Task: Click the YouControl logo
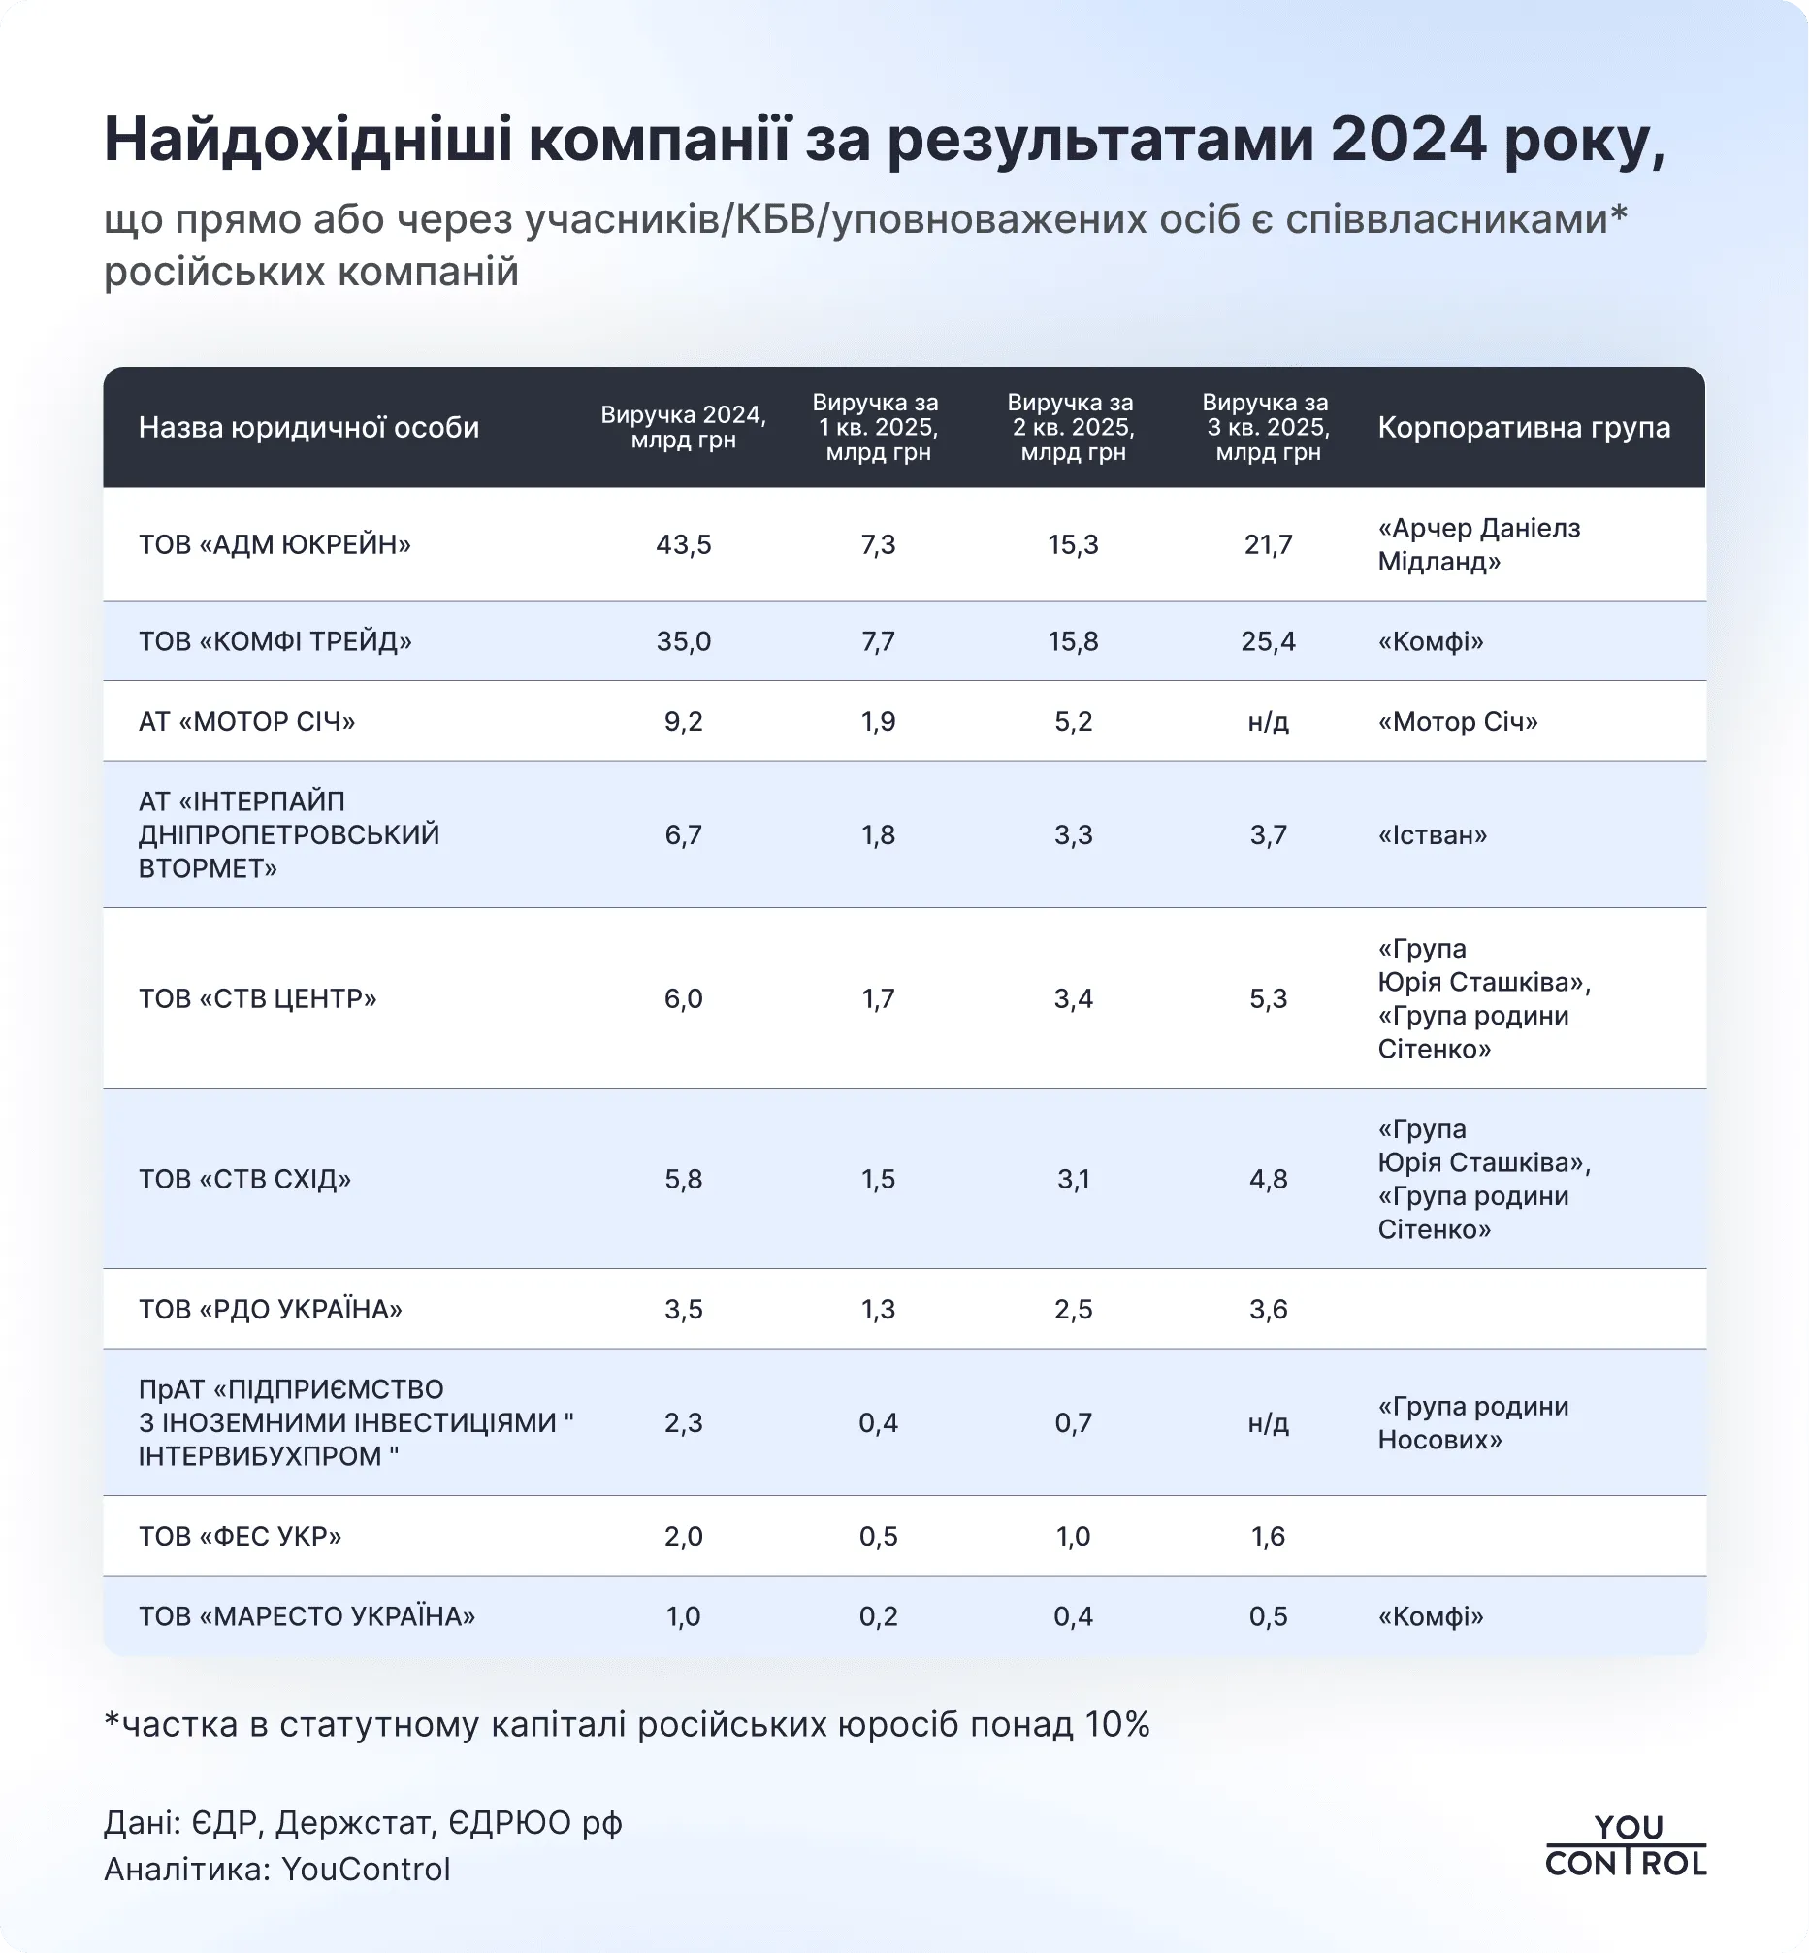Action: click(x=1625, y=1845)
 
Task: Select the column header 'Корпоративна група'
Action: click(x=1523, y=427)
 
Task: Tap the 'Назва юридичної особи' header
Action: click(x=308, y=427)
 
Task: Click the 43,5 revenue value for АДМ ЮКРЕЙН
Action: click(x=683, y=544)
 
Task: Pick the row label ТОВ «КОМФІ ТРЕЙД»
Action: click(x=275, y=641)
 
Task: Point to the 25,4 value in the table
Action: click(x=1268, y=641)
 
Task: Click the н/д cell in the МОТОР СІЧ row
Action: click(x=1268, y=722)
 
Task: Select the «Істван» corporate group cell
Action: click(x=1432, y=835)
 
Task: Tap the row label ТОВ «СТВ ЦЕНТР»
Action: click(x=257, y=998)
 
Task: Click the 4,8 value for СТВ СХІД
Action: click(x=1268, y=1179)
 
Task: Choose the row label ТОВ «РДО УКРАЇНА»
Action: click(x=271, y=1309)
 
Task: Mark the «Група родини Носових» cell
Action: click(x=1473, y=1422)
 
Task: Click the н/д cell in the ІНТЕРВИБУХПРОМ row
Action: click(x=1268, y=1422)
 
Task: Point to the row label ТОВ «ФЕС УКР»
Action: click(x=240, y=1536)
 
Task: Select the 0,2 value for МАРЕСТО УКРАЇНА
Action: click(x=878, y=1616)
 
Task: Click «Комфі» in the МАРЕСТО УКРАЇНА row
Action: click(x=1430, y=1616)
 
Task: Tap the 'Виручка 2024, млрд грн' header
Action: click(x=683, y=427)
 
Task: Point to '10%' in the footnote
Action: click(x=1116, y=1724)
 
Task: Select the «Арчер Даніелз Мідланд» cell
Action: click(x=1478, y=544)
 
